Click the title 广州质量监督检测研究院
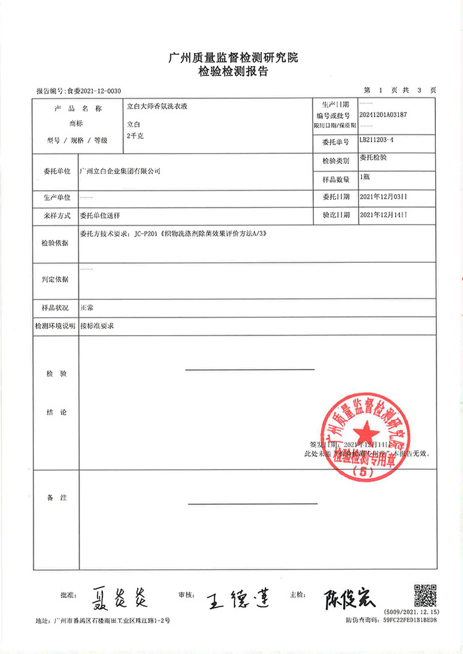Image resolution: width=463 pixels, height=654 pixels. click(232, 59)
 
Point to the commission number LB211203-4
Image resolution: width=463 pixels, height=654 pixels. click(376, 141)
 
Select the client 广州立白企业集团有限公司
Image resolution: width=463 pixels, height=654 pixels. click(121, 171)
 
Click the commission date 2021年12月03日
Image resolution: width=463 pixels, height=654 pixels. click(383, 197)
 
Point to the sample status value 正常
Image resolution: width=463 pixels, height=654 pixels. click(86, 307)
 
